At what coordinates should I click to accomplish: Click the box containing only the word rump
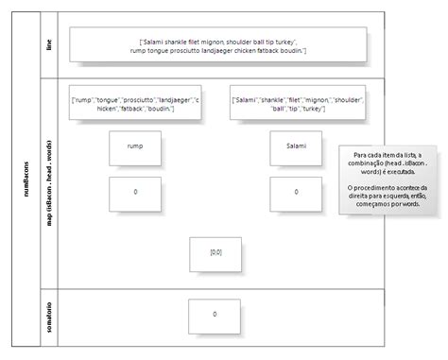tap(135, 146)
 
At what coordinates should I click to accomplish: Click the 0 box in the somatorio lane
tap(215, 315)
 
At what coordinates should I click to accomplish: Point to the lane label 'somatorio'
tap(49, 315)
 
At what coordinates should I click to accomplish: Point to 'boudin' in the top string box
tap(291, 50)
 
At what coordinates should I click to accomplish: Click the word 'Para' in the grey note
tap(359, 155)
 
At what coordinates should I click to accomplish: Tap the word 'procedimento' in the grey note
tap(382, 188)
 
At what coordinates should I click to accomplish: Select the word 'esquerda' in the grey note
tap(390, 197)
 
